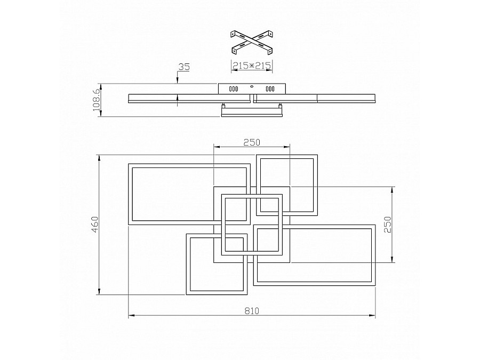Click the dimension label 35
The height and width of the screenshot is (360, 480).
(x=184, y=67)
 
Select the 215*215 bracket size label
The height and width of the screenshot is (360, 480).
(x=252, y=66)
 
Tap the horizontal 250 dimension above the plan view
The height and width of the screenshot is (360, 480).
(x=251, y=142)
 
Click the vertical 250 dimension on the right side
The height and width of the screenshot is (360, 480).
(x=389, y=225)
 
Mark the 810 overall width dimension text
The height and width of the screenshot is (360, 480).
(x=252, y=311)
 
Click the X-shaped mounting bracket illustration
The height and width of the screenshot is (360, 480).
(x=251, y=42)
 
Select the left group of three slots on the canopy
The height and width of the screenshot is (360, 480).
(x=234, y=89)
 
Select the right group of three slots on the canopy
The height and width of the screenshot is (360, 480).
(x=270, y=89)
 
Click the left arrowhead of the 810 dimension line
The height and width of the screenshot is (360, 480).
(x=131, y=316)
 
